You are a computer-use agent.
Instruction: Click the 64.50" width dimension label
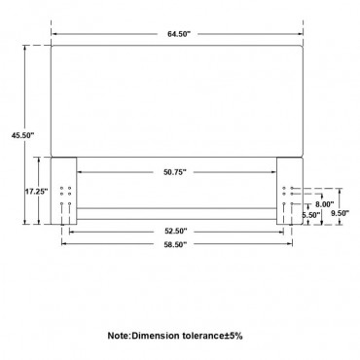[x=178, y=34]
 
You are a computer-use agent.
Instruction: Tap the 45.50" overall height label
[x=22, y=136]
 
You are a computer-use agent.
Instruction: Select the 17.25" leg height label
[x=37, y=192]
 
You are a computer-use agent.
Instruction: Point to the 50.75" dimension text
[x=175, y=172]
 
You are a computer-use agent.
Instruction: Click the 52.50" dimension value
[x=175, y=232]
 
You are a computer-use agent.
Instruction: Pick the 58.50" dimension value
[x=175, y=245]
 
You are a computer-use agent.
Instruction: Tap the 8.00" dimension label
[x=325, y=204]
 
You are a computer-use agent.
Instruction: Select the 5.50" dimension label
[x=311, y=215]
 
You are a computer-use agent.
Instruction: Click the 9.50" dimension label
[x=340, y=213]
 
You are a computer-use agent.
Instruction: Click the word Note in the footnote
[x=119, y=336]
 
